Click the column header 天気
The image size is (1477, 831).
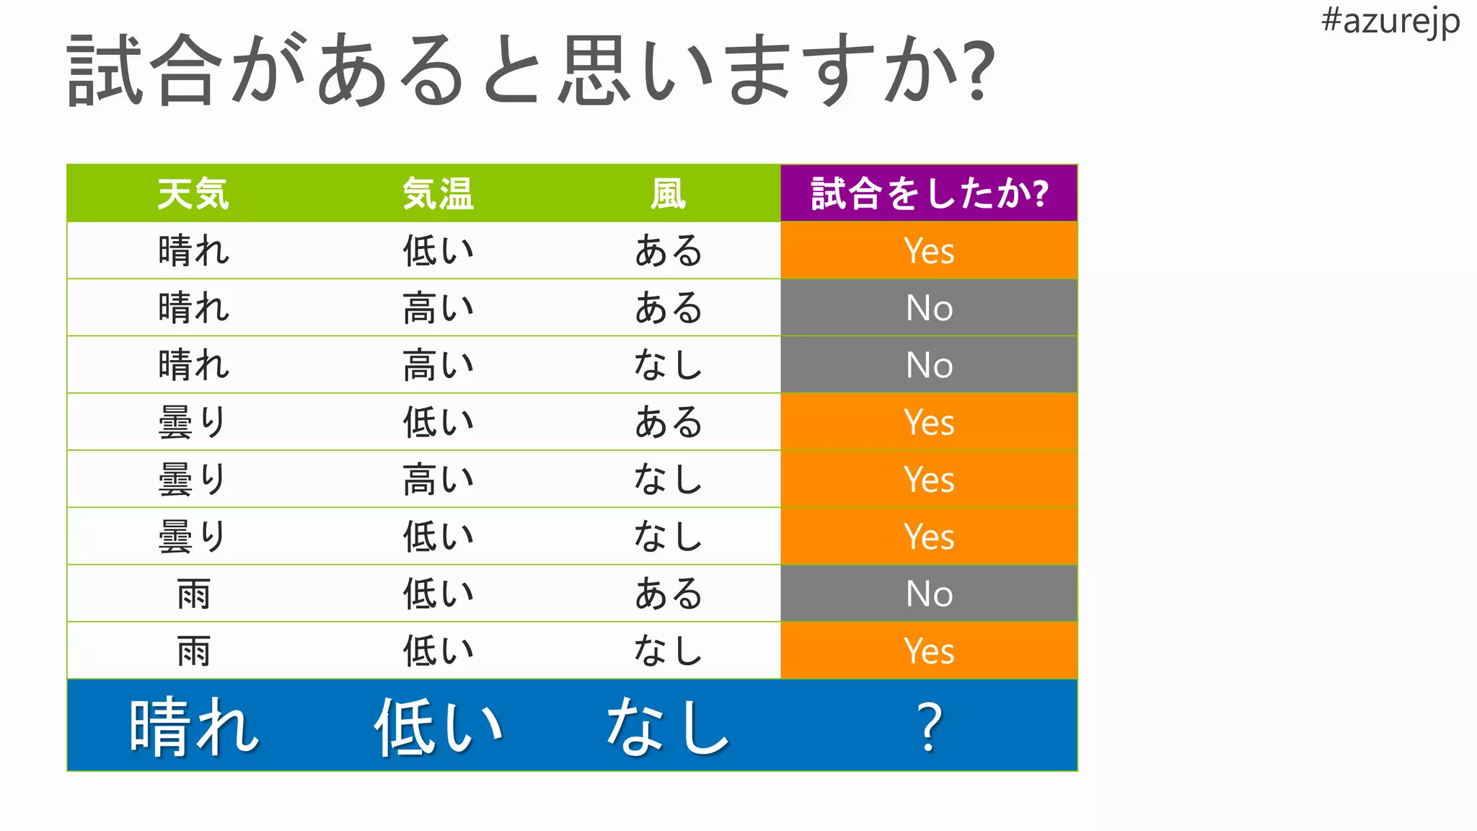click(x=193, y=193)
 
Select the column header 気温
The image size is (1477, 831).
click(x=438, y=193)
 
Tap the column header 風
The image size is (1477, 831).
click(x=668, y=193)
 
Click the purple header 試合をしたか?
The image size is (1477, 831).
click(x=929, y=193)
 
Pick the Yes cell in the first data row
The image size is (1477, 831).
click(x=929, y=251)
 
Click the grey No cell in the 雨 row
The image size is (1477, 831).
click(x=929, y=594)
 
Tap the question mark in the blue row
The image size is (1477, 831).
click(x=929, y=726)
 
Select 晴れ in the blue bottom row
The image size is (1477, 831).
click(x=193, y=726)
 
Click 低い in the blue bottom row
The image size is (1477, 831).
click(x=438, y=726)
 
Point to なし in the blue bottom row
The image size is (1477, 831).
click(x=668, y=726)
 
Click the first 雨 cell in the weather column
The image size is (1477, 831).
click(x=193, y=594)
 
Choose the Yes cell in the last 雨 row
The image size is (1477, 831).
click(x=929, y=651)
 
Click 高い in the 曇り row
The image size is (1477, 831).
click(x=438, y=480)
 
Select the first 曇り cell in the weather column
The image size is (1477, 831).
click(x=193, y=422)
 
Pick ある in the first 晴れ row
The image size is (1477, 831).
click(x=668, y=251)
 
